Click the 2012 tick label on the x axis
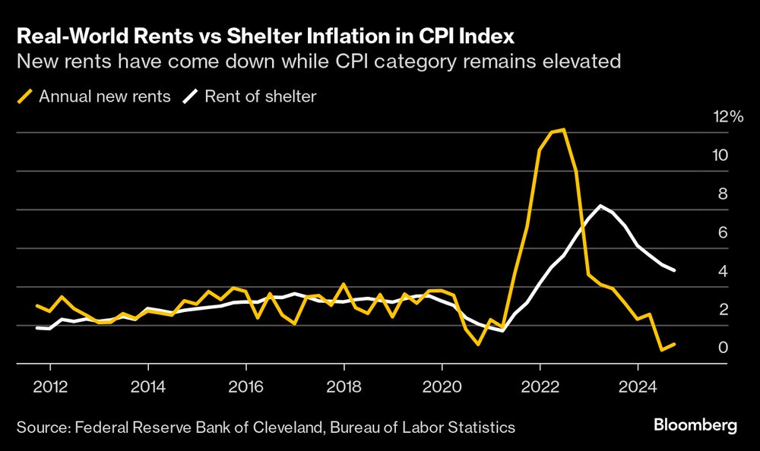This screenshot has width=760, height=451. coord(50,386)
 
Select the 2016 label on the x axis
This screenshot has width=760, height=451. coord(246,386)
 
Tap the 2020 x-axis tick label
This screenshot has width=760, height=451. coord(442,386)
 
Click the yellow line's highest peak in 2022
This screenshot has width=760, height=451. coord(562,130)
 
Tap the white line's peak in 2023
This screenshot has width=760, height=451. coord(600,206)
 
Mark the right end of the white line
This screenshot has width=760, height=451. coord(675,270)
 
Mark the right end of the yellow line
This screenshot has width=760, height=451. coord(675,344)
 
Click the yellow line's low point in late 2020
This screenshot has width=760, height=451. coord(478,344)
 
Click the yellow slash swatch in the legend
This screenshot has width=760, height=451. coord(25,96)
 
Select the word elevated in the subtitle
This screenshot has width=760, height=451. coord(588,61)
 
